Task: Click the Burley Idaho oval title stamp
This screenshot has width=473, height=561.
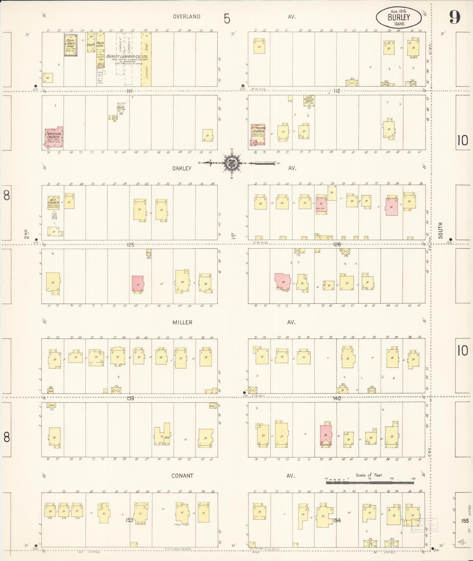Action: click(x=399, y=16)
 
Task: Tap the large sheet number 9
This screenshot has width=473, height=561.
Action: click(x=454, y=17)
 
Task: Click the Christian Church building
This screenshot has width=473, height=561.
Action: click(x=53, y=137)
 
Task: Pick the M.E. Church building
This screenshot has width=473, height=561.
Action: click(x=53, y=203)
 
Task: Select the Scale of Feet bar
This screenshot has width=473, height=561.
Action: click(x=370, y=482)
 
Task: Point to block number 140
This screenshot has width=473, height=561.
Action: click(x=337, y=398)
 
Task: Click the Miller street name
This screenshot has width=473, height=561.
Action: click(x=182, y=322)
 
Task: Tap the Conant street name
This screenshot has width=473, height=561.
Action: click(x=182, y=476)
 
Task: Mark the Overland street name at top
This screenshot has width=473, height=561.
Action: click(x=187, y=16)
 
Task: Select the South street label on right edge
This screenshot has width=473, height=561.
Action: click(x=440, y=230)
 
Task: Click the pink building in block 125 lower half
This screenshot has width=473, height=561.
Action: click(x=137, y=283)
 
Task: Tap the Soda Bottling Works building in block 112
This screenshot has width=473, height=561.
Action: click(x=308, y=101)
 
